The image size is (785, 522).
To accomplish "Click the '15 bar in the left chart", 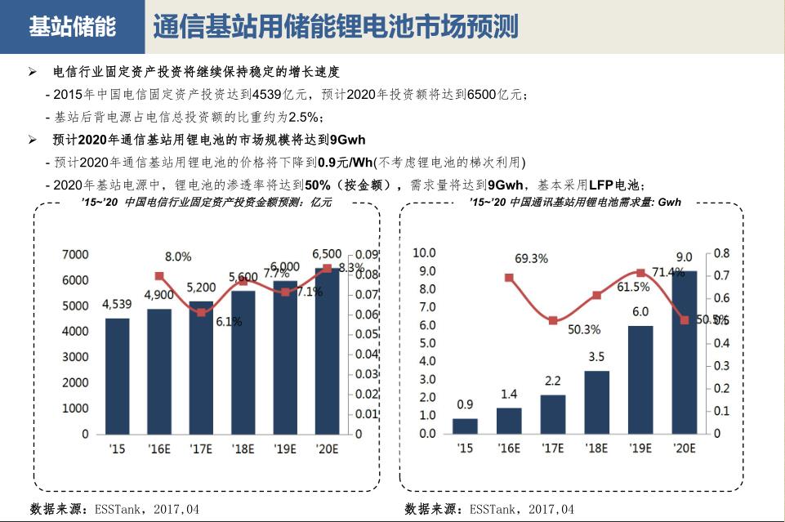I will pyautogui.click(x=118, y=376).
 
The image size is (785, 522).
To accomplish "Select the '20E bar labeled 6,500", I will pyautogui.click(x=327, y=351).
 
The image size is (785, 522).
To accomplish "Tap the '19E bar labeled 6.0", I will pyautogui.click(x=640, y=379).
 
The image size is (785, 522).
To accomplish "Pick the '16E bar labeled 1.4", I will pyautogui.click(x=509, y=420).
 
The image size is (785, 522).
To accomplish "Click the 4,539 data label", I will pyautogui.click(x=117, y=305).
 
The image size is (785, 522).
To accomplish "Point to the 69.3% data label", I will pyautogui.click(x=531, y=258).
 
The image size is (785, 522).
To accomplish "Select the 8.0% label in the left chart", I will pyautogui.click(x=178, y=257).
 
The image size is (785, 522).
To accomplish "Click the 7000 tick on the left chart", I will pyautogui.click(x=75, y=255).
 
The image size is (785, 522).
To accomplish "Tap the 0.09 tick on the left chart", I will pyautogui.click(x=367, y=255).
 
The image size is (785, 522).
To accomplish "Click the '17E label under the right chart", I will pyautogui.click(x=552, y=448).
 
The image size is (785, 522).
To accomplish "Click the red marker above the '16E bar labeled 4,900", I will pyautogui.click(x=159, y=276).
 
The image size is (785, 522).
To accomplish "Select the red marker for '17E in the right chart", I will pyautogui.click(x=552, y=320).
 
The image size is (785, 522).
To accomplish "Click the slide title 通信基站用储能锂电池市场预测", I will pyautogui.click(x=335, y=26).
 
